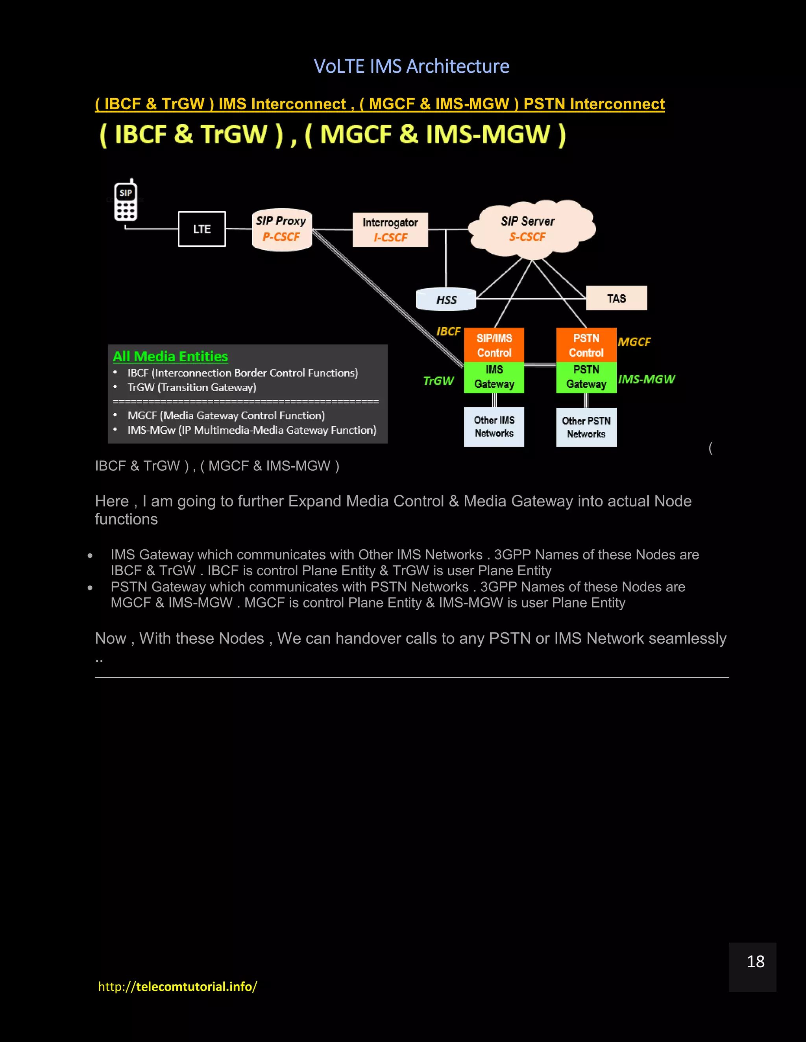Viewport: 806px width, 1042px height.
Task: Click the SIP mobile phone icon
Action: [x=126, y=201]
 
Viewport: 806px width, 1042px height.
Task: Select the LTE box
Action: [x=202, y=229]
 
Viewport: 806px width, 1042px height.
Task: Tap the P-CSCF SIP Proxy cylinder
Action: [x=282, y=230]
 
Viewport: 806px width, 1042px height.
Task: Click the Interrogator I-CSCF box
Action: [x=390, y=230]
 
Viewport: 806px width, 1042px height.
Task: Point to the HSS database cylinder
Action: [x=446, y=300]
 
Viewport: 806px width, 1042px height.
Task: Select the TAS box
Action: [x=616, y=298]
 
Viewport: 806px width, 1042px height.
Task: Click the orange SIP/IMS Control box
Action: [x=494, y=345]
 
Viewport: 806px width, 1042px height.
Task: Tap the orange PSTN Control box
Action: [x=586, y=345]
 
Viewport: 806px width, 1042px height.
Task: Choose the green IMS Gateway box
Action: [x=494, y=377]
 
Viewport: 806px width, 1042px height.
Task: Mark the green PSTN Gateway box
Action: [x=586, y=377]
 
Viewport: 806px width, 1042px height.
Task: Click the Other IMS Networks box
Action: [x=494, y=427]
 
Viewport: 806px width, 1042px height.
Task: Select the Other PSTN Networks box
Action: [x=586, y=427]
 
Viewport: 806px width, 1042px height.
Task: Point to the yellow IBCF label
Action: [x=448, y=331]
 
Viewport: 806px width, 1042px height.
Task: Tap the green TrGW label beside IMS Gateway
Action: [x=438, y=381]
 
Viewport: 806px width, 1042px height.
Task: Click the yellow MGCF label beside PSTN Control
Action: [x=634, y=342]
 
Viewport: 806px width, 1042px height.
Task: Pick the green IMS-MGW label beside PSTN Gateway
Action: [x=646, y=379]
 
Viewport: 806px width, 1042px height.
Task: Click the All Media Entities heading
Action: [x=170, y=356]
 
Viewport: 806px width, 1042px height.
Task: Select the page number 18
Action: [x=755, y=961]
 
